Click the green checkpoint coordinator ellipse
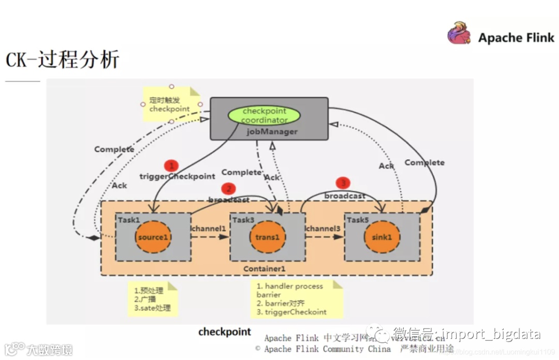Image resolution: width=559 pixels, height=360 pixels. [264, 115]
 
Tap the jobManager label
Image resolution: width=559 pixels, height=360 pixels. [272, 131]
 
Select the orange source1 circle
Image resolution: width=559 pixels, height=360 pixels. [153, 237]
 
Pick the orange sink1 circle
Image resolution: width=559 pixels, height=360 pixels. [383, 237]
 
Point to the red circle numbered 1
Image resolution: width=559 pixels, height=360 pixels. [171, 166]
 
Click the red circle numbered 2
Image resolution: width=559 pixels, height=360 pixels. [228, 189]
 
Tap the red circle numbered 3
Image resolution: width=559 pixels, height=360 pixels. [343, 183]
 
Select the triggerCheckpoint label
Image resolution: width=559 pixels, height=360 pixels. [177, 176]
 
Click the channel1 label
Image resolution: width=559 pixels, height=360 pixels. [209, 228]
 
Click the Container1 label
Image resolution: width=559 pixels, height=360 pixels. [264, 269]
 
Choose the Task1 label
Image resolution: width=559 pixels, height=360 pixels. [128, 220]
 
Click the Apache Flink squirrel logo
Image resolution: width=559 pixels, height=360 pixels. [459, 33]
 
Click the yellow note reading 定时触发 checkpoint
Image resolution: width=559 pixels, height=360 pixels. [169, 104]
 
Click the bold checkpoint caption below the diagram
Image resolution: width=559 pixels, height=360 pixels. [225, 332]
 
